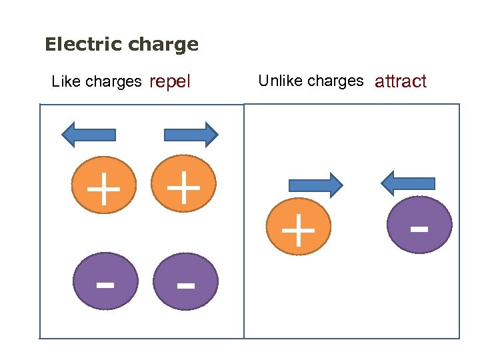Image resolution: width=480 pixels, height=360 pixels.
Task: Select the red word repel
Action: (170, 82)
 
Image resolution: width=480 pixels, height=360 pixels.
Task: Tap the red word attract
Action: (401, 82)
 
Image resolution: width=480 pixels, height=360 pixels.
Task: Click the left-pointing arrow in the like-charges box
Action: (89, 135)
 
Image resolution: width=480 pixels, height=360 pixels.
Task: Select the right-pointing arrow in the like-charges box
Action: (191, 135)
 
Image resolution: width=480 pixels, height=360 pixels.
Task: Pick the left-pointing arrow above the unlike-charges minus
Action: (407, 183)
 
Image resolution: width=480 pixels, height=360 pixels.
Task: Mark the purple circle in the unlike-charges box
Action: (419, 225)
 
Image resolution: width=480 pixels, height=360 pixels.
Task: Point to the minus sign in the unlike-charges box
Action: (419, 229)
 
